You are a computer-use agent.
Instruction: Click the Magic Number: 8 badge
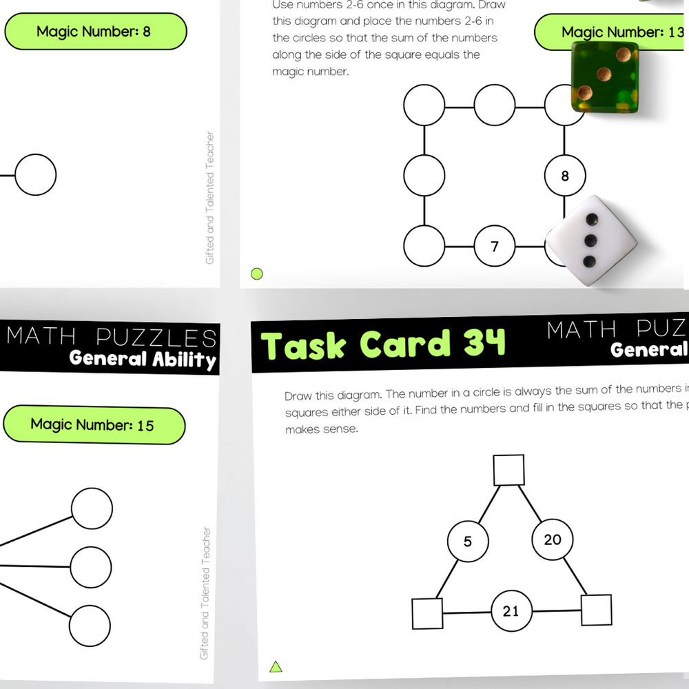[94, 31]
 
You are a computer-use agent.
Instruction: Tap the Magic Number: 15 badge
[94, 425]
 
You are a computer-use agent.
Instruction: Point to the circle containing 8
[565, 176]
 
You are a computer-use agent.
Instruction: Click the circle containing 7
[495, 246]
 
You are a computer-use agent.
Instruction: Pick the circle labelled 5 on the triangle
[468, 542]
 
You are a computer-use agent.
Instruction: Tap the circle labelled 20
[553, 539]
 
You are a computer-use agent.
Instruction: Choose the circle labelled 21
[511, 610]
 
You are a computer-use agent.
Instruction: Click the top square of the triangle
[509, 470]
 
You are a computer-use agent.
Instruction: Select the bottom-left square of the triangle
[427, 614]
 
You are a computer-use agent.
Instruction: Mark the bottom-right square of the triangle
[597, 610]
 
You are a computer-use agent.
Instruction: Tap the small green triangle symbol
[276, 666]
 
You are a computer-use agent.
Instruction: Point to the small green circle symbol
[257, 274]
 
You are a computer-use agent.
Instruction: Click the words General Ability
[143, 359]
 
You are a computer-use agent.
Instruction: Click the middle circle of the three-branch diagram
[91, 567]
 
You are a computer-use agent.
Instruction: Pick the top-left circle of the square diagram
[424, 105]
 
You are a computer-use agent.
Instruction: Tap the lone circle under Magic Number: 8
[36, 175]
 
